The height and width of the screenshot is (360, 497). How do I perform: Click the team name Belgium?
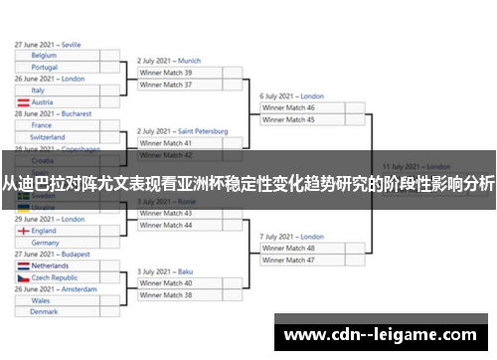coord(44,56)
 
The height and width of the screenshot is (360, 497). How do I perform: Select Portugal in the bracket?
coord(45,68)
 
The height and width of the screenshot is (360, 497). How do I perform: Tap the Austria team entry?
coord(43,102)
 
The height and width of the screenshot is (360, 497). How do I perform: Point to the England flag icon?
coord(23,231)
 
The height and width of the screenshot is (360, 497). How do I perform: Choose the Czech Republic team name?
coord(55,278)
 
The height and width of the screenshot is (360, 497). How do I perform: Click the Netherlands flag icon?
coord(23,267)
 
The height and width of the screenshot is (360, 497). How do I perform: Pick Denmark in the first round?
coord(44,311)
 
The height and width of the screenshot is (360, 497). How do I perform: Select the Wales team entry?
coord(41,299)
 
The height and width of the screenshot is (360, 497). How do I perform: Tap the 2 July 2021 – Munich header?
coord(169,61)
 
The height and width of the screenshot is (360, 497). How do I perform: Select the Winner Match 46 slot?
coord(288,107)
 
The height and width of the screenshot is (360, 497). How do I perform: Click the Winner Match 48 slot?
coord(288,248)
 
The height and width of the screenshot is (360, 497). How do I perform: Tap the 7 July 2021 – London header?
coord(292,237)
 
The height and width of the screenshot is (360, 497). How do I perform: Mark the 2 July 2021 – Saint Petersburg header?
coord(183,131)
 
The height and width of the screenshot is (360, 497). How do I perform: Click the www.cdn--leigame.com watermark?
coord(381,335)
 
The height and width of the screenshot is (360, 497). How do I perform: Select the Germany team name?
coord(46,243)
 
